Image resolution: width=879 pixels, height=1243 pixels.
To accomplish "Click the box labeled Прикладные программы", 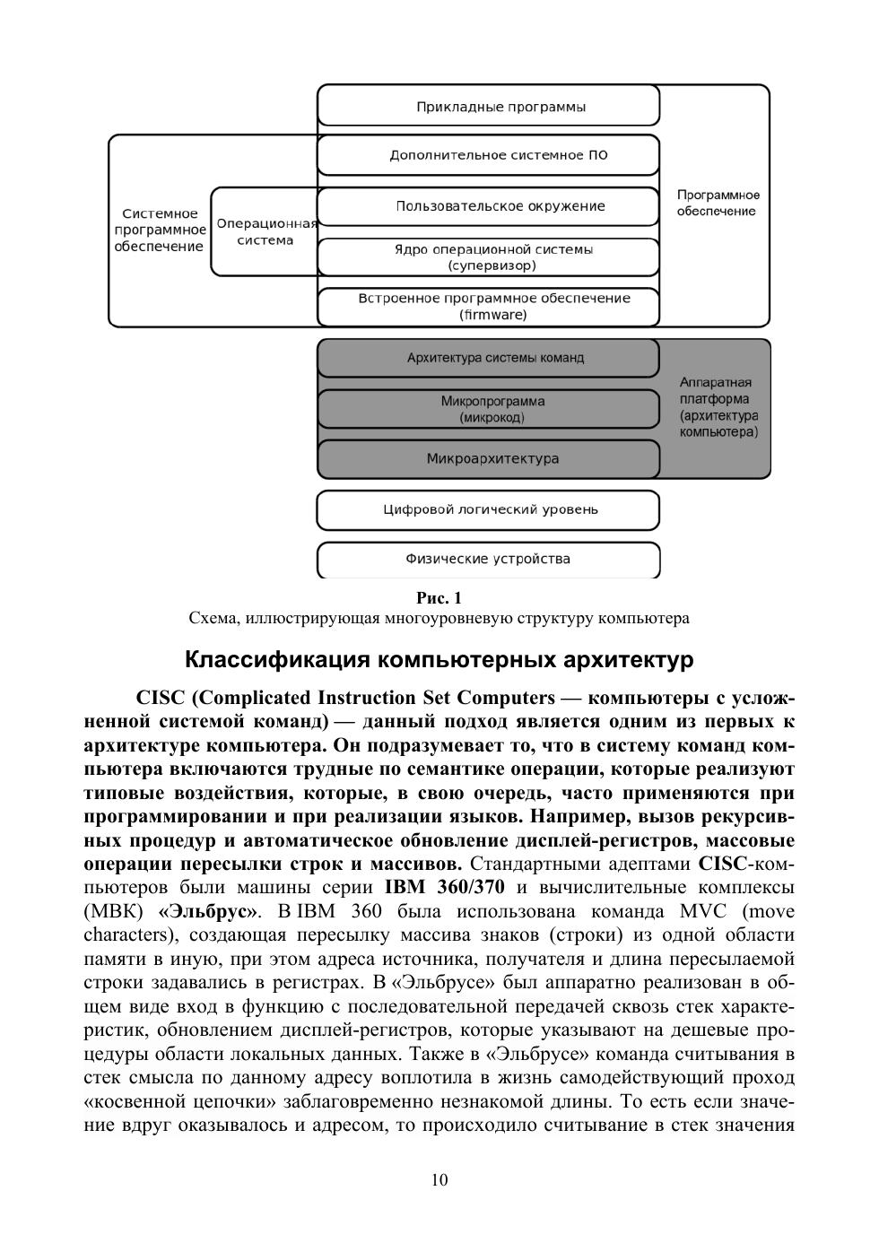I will pos(489,107).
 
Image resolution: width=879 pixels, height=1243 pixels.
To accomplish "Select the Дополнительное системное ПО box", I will pos(489,155).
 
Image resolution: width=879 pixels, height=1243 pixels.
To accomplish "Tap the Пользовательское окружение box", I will pos(489,206).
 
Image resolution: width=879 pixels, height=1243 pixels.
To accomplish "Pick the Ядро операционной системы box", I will pos(489,257).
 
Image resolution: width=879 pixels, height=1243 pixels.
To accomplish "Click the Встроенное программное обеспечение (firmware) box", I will pos(489,307).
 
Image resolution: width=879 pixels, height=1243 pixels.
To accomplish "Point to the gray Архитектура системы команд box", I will pos(489,358).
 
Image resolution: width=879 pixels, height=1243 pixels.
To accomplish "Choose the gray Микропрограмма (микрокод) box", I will pos(489,409).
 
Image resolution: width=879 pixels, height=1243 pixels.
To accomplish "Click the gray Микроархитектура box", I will pos(489,459).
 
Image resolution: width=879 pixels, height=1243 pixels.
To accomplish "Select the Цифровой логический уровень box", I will pos(489,510).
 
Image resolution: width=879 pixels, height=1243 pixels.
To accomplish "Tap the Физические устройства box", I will pos(489,560).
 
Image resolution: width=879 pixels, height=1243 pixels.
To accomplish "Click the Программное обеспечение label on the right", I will pos(718,204).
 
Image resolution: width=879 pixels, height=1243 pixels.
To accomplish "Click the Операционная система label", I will pos(265,232).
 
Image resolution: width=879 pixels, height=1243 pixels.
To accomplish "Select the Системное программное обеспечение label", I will pos(160,230).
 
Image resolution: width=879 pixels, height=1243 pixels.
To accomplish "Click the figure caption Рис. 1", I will pos(439,597).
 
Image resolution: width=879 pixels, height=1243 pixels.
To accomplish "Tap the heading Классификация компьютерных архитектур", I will pos(439,660).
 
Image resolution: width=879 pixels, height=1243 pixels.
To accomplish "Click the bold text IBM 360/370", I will pos(444,888).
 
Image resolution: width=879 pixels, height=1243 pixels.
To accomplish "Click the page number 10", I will pos(439,1180).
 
